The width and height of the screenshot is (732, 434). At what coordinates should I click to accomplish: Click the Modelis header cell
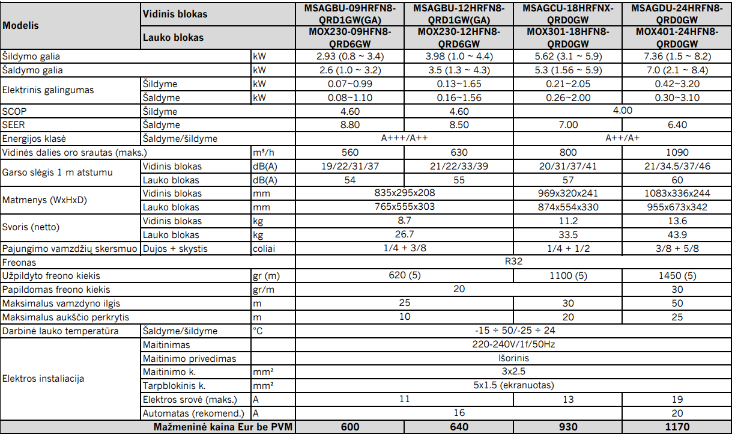point(21,26)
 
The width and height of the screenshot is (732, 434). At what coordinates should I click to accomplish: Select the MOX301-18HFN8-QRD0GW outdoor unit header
point(568,38)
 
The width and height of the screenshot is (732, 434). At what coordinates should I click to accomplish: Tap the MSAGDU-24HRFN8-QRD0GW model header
point(677,14)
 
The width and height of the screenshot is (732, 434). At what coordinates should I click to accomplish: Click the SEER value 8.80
point(350,125)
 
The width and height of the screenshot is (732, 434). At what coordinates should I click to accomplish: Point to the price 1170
point(677,427)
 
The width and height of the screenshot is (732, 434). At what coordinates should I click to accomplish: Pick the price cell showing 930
point(568,427)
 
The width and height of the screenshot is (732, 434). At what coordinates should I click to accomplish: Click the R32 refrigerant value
point(513,263)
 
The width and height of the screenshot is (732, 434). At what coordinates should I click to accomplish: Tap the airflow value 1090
point(677,153)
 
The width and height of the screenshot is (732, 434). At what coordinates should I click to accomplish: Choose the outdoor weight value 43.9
point(677,235)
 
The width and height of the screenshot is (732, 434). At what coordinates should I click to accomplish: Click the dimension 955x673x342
point(677,207)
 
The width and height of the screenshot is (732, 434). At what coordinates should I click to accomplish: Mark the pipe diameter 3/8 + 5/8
point(677,249)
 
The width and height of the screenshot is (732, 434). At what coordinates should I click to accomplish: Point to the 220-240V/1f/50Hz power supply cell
point(513,345)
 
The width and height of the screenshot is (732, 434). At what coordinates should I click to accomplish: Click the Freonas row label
point(19,263)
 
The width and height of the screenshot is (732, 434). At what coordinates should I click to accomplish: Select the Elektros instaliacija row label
point(43,379)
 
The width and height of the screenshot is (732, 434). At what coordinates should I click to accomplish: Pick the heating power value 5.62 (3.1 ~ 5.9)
point(568,57)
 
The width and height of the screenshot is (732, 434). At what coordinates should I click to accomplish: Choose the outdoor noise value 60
point(677,180)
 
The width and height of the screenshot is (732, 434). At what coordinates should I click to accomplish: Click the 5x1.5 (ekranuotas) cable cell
point(513,386)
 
